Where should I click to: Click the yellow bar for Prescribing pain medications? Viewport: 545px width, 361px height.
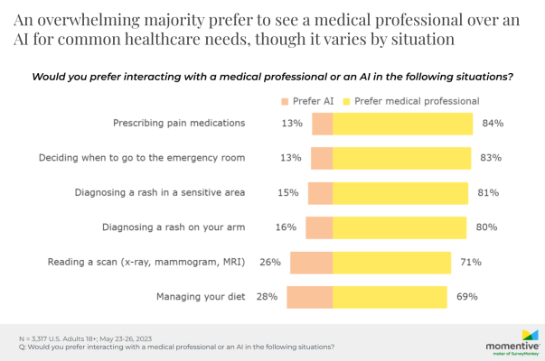403,123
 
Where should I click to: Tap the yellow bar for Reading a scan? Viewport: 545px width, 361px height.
392,262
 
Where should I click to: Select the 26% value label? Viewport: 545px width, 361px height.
270,262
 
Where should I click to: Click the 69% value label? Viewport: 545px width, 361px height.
467,296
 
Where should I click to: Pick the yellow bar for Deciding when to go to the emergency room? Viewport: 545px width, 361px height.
402,158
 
